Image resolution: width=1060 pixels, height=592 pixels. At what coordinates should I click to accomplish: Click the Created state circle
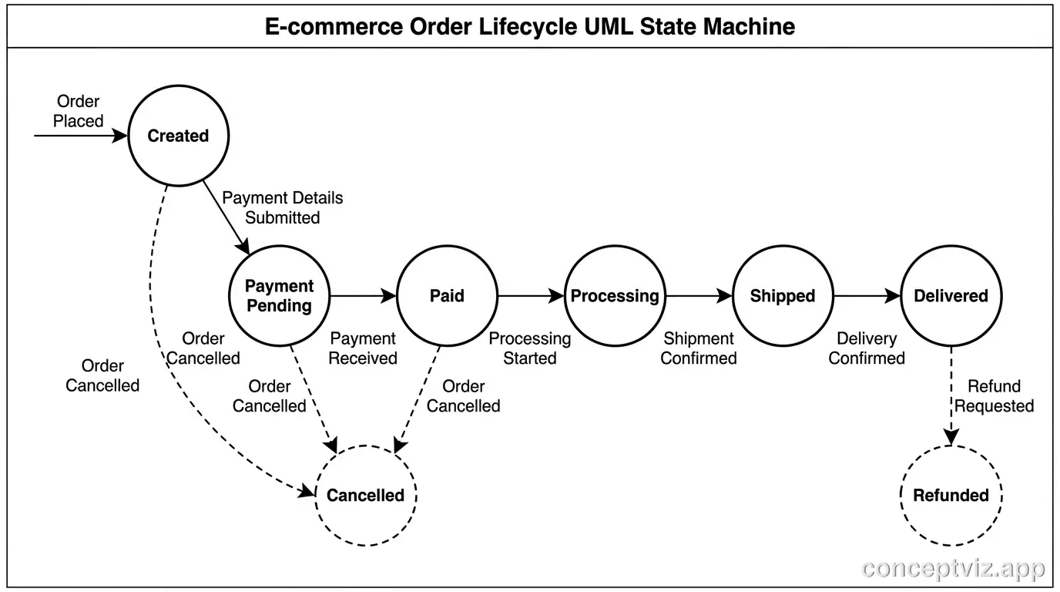point(178,136)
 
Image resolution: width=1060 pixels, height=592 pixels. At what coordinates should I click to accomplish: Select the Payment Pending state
point(280,296)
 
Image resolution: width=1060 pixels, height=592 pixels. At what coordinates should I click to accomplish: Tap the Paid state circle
point(447,296)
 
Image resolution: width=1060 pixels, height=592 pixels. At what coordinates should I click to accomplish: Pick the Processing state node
point(615,296)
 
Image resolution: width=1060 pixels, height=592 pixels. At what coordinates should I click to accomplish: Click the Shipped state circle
point(783,296)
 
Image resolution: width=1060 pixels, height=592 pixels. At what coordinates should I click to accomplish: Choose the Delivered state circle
point(951,296)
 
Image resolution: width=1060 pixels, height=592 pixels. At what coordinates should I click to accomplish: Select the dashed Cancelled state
point(365,495)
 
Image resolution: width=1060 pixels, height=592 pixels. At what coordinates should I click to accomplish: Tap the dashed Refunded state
point(951,495)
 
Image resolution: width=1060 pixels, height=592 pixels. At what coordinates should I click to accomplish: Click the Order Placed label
point(78,111)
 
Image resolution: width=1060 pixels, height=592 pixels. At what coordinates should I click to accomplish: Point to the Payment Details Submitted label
point(283,207)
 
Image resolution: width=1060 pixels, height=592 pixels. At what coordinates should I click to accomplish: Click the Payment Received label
point(363,348)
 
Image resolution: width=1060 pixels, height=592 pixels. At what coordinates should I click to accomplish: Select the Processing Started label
point(530,348)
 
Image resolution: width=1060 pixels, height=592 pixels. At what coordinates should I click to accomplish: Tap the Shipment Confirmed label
point(699,348)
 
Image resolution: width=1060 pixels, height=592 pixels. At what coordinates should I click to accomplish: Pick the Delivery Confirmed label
point(867,348)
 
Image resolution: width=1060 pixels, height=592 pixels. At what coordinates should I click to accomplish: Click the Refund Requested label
point(995,396)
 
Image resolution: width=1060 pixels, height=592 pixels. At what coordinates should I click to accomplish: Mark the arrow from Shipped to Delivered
point(867,296)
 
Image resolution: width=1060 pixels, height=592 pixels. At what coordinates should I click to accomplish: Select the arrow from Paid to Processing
point(531,296)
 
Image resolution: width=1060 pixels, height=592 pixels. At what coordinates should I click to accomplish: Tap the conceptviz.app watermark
point(954,569)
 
